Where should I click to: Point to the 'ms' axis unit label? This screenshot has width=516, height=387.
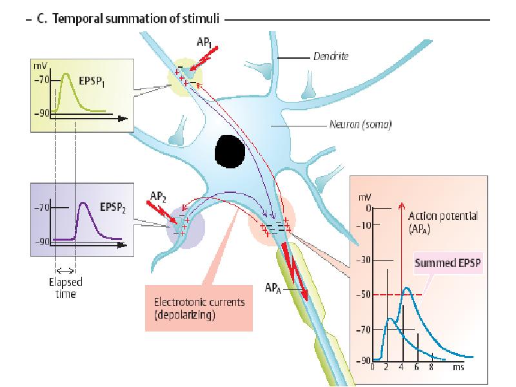click(458, 367)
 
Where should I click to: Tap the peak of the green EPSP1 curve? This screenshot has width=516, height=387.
click(65, 74)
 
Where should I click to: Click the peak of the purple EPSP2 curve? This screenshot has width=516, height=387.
click(83, 204)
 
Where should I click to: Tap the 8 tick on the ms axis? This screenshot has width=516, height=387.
click(432, 367)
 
